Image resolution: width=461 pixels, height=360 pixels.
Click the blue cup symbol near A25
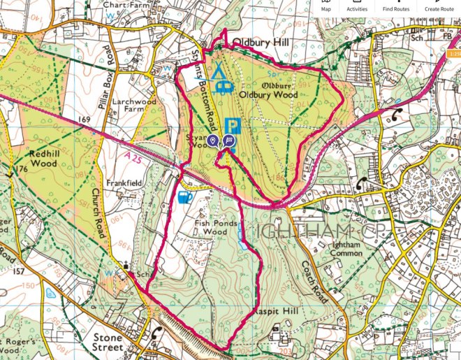(x=184, y=198)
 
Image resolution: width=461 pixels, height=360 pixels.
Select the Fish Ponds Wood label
(x=217, y=227)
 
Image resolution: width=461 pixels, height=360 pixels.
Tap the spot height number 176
(x=22, y=169)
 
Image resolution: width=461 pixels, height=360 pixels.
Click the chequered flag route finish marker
(x=229, y=141)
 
